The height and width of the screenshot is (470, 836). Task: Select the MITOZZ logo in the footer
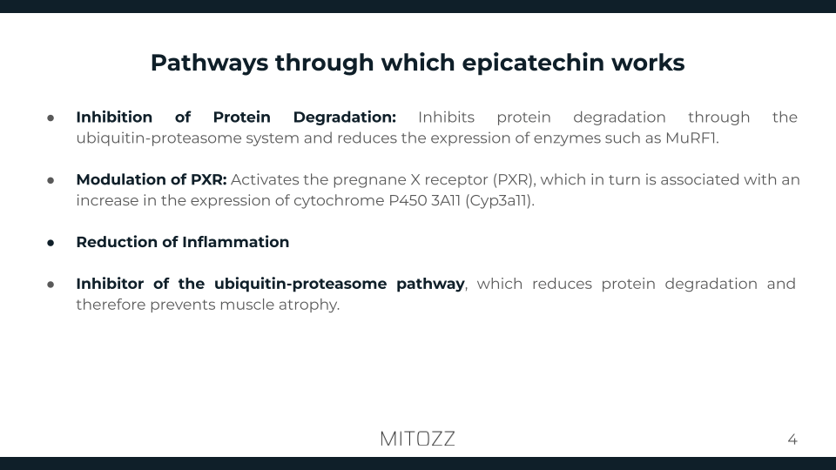(x=417, y=439)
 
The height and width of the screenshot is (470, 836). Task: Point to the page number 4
(x=792, y=440)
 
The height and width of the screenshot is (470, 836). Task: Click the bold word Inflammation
(x=235, y=242)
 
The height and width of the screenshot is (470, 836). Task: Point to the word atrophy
(x=311, y=305)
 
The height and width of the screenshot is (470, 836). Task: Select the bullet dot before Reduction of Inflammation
(x=51, y=243)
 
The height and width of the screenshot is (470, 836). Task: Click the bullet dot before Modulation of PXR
(x=51, y=180)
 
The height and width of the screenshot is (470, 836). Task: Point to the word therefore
(x=110, y=305)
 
